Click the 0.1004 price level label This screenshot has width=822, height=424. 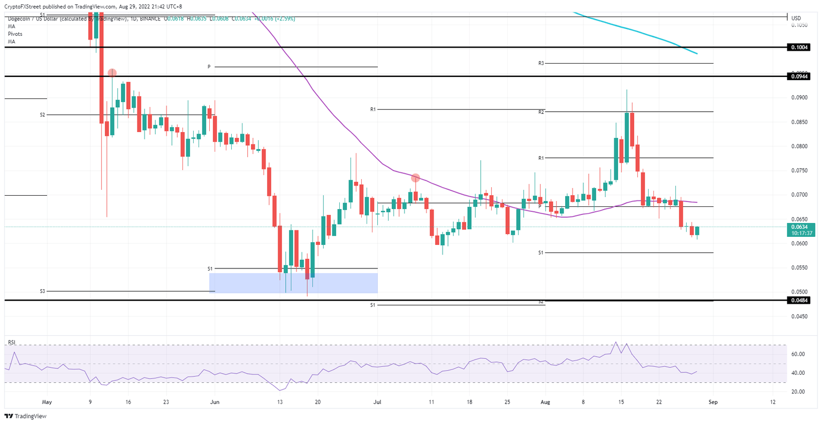tap(801, 48)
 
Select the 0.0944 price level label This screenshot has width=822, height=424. tap(801, 76)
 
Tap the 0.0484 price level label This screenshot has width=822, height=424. tap(801, 300)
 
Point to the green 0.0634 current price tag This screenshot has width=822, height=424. tap(801, 227)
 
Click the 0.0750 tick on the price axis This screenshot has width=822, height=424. tap(799, 171)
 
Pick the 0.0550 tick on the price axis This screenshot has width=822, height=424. tap(799, 267)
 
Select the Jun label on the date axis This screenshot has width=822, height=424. tap(214, 402)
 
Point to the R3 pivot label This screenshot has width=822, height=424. tap(541, 64)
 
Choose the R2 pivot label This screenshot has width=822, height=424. tap(541, 112)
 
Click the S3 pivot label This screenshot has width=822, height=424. tap(42, 291)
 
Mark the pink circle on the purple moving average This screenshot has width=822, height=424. tap(415, 178)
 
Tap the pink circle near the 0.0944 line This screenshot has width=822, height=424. tap(112, 73)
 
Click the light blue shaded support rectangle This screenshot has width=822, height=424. tap(293, 283)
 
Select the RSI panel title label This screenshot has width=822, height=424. tap(11, 342)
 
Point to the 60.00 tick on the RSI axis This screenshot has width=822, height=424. tap(799, 354)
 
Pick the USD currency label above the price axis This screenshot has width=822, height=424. tap(796, 18)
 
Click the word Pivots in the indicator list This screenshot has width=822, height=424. tap(15, 34)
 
